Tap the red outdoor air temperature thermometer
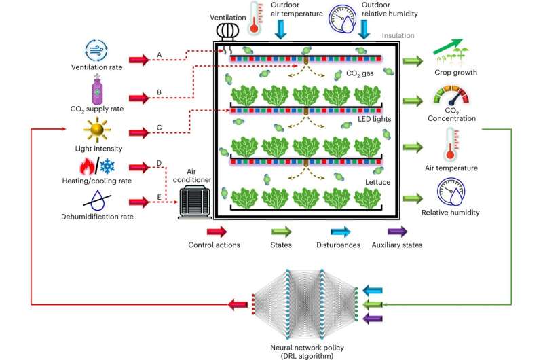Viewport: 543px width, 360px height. click(x=255, y=18)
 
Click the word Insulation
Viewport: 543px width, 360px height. click(x=398, y=36)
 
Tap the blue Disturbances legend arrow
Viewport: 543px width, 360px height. click(x=333, y=231)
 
